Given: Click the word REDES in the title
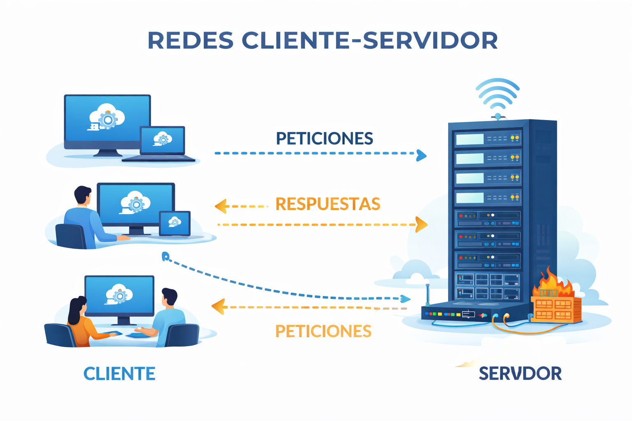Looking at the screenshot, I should pyautogui.click(x=191, y=40).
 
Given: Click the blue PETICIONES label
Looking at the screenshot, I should pyautogui.click(x=324, y=139).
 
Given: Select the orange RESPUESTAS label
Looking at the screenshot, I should pyautogui.click(x=328, y=204).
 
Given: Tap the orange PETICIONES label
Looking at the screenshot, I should pyautogui.click(x=323, y=331).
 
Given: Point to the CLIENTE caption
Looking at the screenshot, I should pyautogui.click(x=119, y=374).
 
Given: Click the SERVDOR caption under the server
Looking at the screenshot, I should pyautogui.click(x=520, y=374).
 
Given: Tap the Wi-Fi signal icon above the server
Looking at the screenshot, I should pyautogui.click(x=497, y=97).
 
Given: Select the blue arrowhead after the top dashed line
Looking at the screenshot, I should pyautogui.click(x=421, y=155).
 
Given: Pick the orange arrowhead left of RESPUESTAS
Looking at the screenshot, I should pyautogui.click(x=221, y=206).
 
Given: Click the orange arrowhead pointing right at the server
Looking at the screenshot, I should pyautogui.click(x=421, y=225).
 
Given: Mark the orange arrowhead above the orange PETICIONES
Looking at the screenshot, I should pyautogui.click(x=218, y=307).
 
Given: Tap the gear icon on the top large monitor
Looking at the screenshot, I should pyautogui.click(x=108, y=120).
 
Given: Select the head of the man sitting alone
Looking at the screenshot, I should pyautogui.click(x=83, y=195).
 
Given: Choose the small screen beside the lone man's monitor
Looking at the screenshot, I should pyautogui.click(x=175, y=224).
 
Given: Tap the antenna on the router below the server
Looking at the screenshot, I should pyautogui.click(x=428, y=294).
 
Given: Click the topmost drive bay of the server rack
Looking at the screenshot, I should pyautogui.click(x=487, y=139).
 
